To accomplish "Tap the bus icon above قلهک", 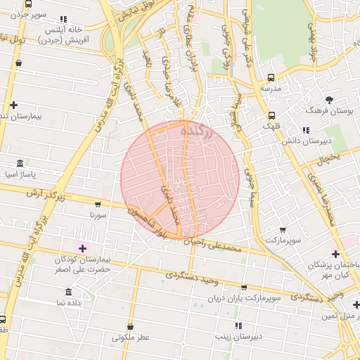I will pos(271,115).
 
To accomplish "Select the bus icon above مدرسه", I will pos(271,78).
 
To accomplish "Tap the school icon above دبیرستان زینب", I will pos(238,326).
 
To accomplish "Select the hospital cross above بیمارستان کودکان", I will pos(83,248).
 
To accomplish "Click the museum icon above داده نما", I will pos(69,292).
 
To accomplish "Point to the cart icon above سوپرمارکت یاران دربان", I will pos(244,288).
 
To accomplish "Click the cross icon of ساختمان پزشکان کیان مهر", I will pos(336,254).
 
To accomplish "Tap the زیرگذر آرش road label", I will pos(46,195).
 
